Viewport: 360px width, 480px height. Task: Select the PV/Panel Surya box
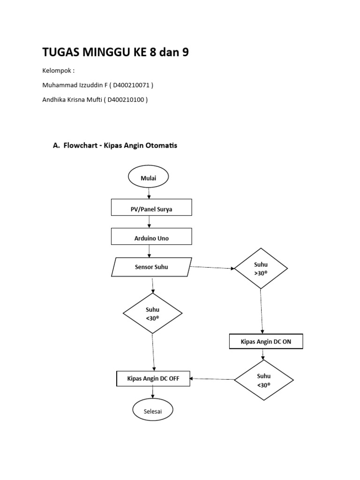[151, 209]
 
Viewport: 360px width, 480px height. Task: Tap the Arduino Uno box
[151, 238]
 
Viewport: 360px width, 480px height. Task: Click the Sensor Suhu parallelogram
[151, 267]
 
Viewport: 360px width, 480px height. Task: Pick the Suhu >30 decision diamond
[261, 268]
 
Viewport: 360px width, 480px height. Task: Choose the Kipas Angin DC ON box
[266, 342]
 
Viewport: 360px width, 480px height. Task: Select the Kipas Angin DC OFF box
[153, 378]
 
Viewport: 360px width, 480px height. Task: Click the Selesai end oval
[152, 411]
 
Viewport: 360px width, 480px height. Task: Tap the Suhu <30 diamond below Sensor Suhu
[153, 313]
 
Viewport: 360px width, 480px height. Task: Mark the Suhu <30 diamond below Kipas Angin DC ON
[263, 380]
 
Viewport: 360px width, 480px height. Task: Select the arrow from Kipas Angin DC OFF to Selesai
[153, 392]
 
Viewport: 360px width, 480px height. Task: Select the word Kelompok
[56, 71]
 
